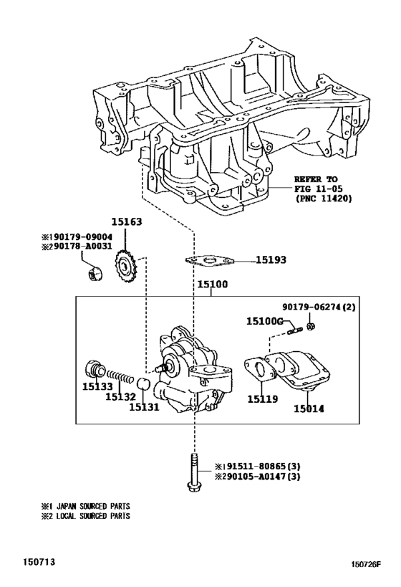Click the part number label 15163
(127, 223)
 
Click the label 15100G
(265, 320)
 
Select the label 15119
(261, 398)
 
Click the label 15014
(309, 408)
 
